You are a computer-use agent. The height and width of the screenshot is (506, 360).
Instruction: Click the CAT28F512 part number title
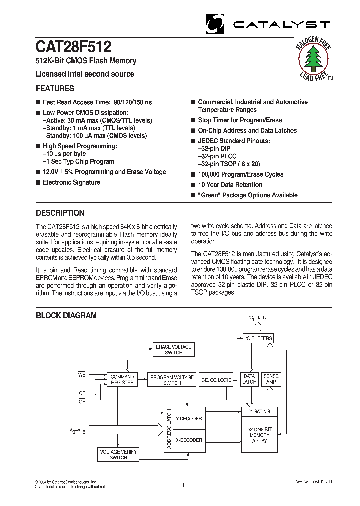tap(73, 47)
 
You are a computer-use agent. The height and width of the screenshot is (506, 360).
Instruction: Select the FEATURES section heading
tap(55, 89)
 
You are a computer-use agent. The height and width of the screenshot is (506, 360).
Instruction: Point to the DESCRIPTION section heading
tap(60, 213)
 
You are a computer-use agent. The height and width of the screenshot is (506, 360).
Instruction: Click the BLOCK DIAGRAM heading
tap(66, 315)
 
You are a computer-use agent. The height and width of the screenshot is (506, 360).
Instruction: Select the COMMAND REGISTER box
tap(122, 379)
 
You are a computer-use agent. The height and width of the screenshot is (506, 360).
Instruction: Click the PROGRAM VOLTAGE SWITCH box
tap(172, 380)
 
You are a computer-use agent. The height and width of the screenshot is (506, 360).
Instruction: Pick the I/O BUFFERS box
tap(258, 338)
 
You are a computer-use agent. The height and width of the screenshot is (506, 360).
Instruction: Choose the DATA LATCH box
tap(249, 379)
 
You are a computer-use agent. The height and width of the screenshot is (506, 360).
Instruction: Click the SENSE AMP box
tap(271, 379)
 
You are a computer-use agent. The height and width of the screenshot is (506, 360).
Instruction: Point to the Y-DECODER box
tap(188, 418)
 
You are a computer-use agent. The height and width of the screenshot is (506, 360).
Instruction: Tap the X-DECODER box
tap(188, 440)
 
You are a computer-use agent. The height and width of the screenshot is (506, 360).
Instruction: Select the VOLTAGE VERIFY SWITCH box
tap(118, 454)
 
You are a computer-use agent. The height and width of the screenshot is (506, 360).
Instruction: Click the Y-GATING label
tap(260, 411)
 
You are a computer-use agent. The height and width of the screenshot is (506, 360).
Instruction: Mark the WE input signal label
tap(82, 374)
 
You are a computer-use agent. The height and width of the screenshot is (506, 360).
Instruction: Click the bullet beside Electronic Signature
tap(38, 183)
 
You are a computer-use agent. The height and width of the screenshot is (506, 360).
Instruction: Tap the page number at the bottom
tap(183, 484)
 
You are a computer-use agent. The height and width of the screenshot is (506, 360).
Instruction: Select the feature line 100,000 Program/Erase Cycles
tap(240, 174)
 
